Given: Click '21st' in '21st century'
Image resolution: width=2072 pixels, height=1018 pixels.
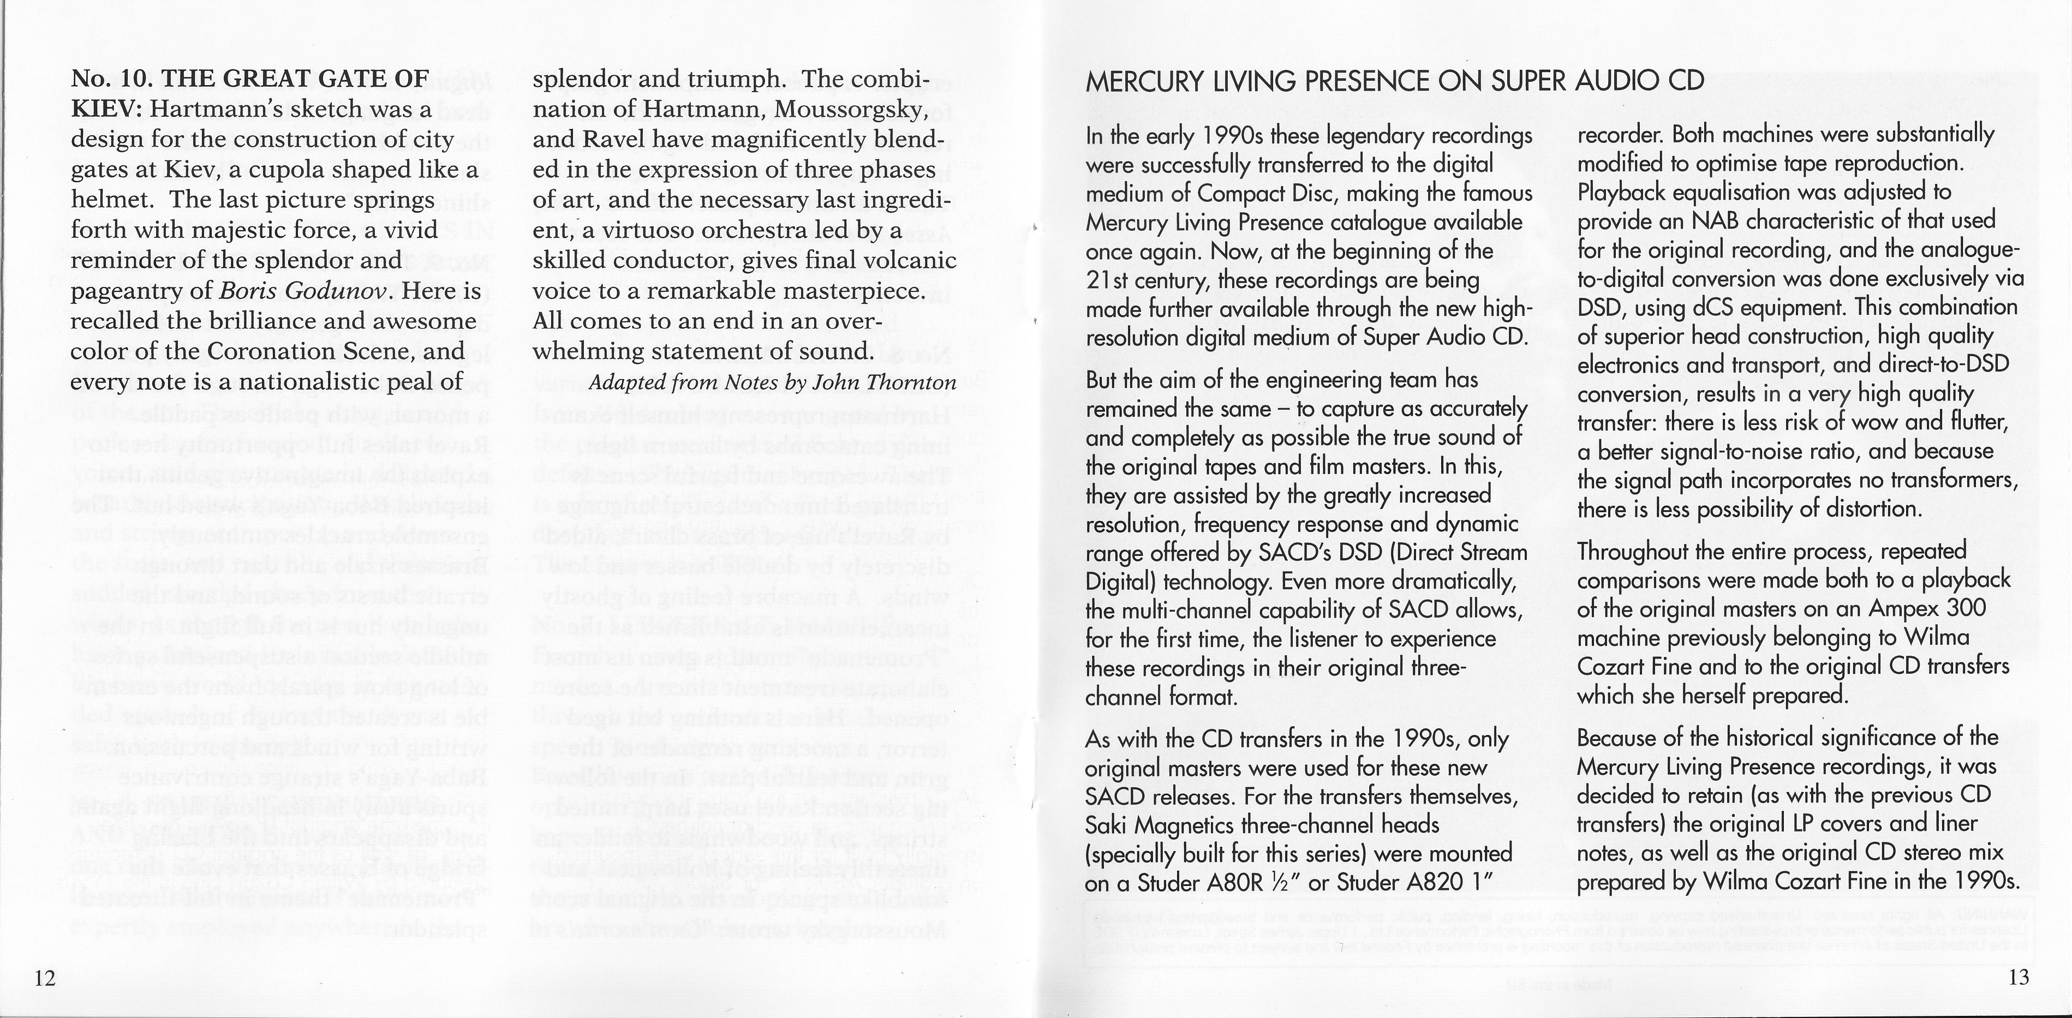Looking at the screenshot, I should point(1107,280).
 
